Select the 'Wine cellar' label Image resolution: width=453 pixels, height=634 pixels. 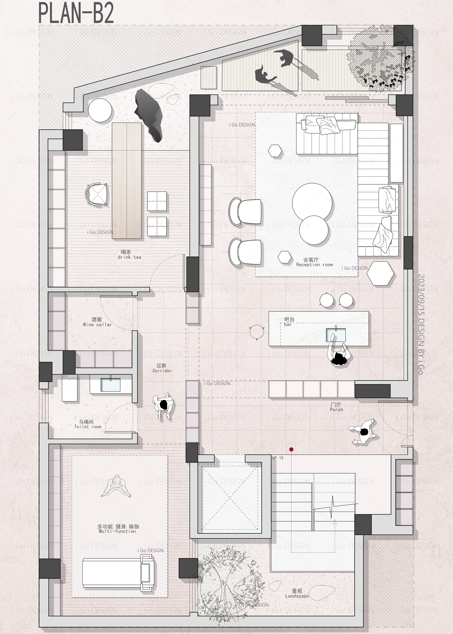[x=97, y=325]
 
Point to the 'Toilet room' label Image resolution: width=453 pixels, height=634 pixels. [x=88, y=427]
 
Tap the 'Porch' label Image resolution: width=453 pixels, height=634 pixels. [x=336, y=410]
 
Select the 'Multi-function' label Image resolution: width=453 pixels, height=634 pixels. [x=117, y=531]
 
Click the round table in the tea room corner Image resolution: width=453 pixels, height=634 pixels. [x=100, y=111]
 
